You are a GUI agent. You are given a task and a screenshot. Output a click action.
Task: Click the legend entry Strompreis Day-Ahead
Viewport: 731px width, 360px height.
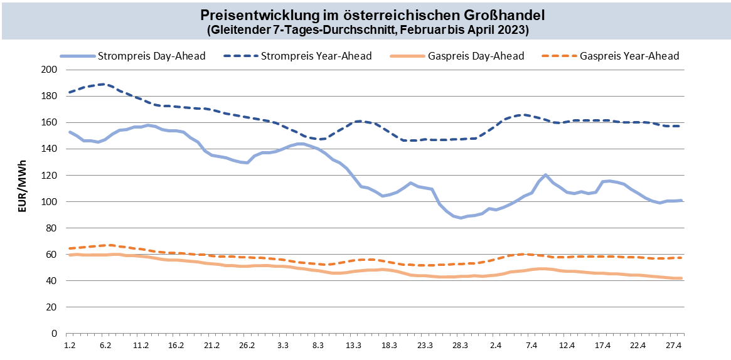151,56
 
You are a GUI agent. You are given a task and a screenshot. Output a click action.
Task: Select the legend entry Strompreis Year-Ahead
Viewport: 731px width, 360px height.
316,56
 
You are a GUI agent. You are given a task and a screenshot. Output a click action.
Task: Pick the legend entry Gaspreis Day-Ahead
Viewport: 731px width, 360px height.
476,56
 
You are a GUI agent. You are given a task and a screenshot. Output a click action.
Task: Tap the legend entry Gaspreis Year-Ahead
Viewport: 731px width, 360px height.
629,56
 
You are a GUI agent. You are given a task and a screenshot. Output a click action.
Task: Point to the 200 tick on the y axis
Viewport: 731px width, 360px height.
49,70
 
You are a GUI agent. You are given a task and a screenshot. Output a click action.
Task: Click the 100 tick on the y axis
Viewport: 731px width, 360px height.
49,202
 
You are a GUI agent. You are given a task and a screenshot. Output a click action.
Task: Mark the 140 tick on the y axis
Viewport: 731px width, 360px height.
49,149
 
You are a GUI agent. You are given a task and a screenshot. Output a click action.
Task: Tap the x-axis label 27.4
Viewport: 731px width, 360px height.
675,346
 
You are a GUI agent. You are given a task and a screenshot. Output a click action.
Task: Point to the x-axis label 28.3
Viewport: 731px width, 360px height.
461,346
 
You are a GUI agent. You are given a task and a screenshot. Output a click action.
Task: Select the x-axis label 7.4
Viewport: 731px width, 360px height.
531,346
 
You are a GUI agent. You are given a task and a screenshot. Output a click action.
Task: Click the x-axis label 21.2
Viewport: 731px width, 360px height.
211,346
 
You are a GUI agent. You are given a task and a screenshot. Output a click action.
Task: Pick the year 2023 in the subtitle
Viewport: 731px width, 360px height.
511,29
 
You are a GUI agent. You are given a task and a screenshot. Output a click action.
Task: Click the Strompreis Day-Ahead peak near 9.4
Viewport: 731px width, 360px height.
545,175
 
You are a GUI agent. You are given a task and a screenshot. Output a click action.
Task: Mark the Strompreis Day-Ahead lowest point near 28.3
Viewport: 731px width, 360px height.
461,218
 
